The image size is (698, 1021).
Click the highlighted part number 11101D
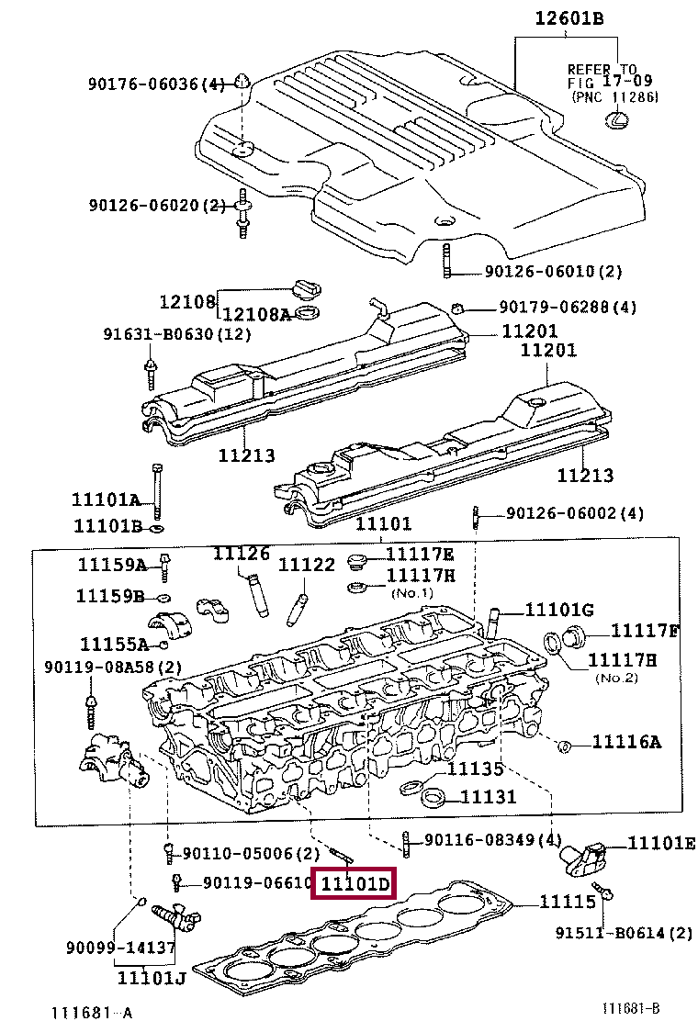click(x=355, y=884)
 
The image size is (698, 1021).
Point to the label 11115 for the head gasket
click(x=568, y=903)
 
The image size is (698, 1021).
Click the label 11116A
click(x=625, y=742)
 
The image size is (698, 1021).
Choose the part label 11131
click(x=488, y=798)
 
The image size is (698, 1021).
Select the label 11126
click(x=242, y=554)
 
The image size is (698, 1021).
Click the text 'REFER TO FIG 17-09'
click(x=602, y=75)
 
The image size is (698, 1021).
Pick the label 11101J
click(x=152, y=977)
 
